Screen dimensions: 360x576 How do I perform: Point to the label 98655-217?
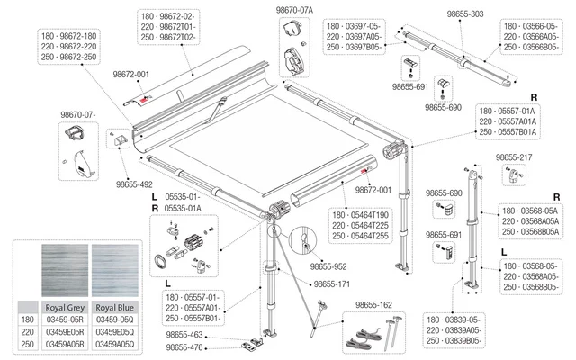515,157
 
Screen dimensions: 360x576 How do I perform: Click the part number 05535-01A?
184,208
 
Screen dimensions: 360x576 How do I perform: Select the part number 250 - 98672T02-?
173,40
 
